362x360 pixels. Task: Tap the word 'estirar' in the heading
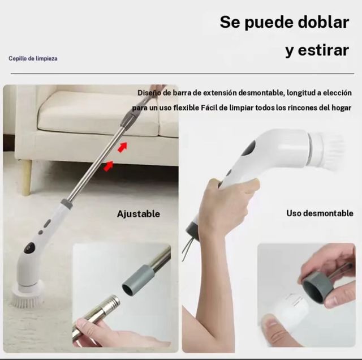click(x=325, y=50)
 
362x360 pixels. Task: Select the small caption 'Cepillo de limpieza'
click(x=33, y=58)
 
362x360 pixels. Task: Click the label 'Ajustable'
click(x=139, y=214)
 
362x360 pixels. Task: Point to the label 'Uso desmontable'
click(x=320, y=213)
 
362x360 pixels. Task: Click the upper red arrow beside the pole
click(x=122, y=147)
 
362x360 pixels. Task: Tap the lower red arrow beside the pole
click(x=108, y=165)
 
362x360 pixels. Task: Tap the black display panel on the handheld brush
click(x=249, y=148)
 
